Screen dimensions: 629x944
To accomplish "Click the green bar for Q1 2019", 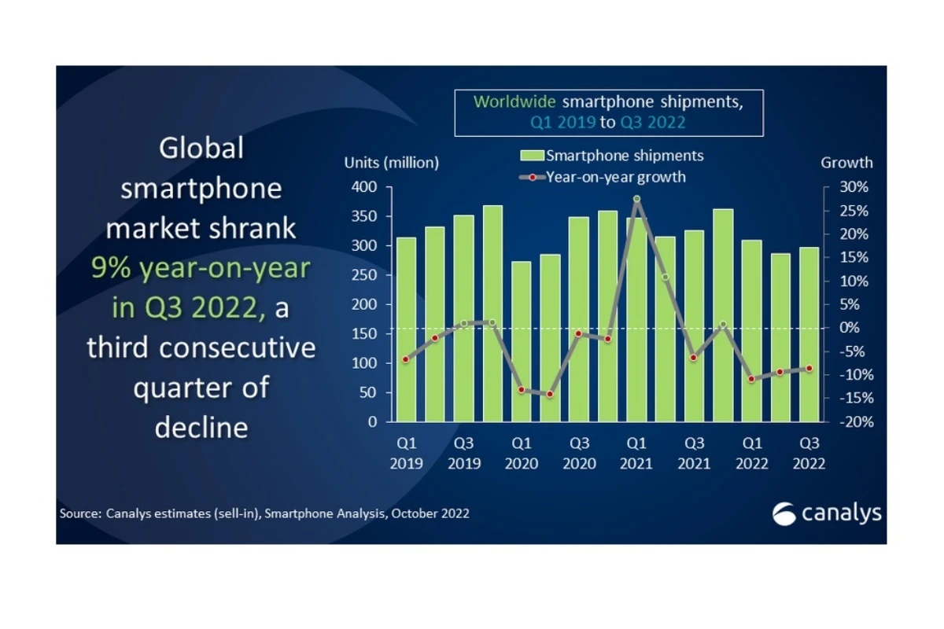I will coord(406,330).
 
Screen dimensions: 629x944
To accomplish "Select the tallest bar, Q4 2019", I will coord(492,314).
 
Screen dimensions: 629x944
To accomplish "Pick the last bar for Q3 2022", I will coord(809,335).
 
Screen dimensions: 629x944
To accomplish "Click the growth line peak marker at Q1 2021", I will coord(636,199).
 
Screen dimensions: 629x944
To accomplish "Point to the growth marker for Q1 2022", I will coord(751,379).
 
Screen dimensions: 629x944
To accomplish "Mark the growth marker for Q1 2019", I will coord(406,359).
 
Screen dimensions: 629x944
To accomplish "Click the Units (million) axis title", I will coord(391,163).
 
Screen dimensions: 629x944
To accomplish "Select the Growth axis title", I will coord(846,163).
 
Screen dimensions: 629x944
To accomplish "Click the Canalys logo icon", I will coord(784,514).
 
